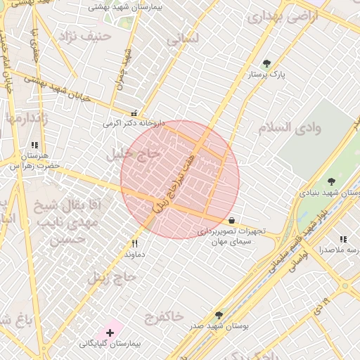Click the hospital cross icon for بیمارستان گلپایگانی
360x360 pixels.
[110, 331]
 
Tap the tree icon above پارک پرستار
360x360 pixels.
[266, 64]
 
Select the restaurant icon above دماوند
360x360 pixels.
[135, 243]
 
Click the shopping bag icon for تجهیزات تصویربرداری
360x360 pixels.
[232, 220]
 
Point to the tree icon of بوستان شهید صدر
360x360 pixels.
[219, 316]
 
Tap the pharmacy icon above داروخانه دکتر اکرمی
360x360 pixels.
[134, 112]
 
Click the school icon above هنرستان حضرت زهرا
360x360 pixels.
[35, 145]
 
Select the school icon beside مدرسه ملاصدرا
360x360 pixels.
[343, 240]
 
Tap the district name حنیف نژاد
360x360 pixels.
[86, 34]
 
